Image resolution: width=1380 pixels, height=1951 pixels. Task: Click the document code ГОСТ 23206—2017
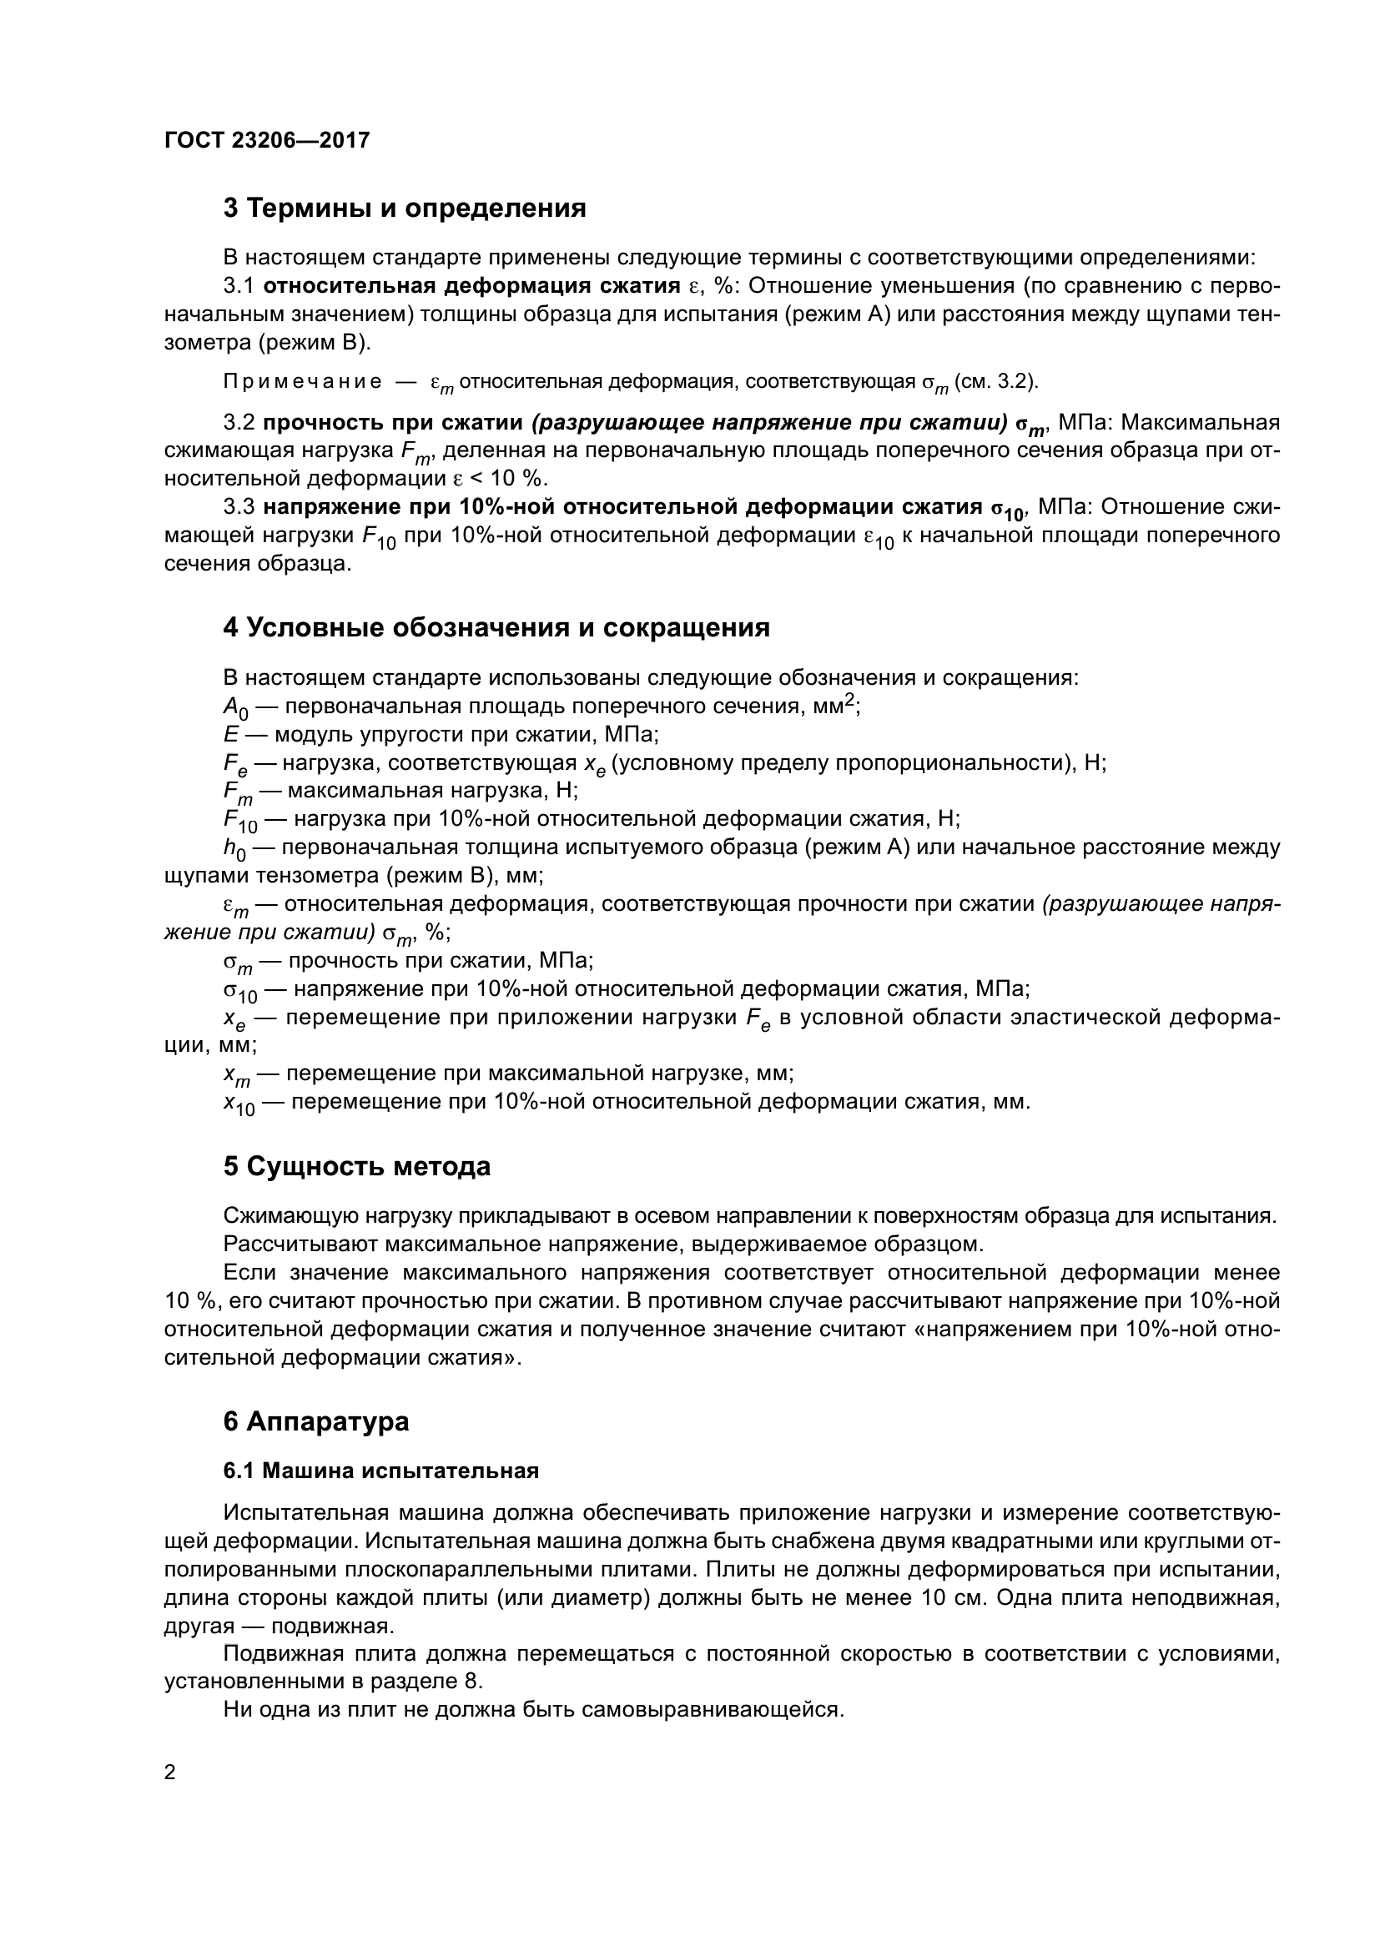[267, 140]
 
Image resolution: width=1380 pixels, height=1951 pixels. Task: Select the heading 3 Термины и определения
[405, 209]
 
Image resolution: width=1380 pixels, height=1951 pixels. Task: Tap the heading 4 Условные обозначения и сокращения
[496, 628]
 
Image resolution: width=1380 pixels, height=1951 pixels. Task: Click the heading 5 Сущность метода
[357, 1167]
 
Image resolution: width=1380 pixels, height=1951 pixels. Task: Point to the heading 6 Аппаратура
[316, 1421]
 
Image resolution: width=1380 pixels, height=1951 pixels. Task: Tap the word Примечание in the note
[302, 381]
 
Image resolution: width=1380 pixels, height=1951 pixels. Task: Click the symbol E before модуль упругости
[230, 734]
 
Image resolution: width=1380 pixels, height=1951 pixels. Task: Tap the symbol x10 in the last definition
[239, 1104]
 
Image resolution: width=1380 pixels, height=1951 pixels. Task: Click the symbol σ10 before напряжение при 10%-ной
[239, 991]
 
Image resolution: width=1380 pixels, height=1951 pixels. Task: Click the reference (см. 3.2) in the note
[996, 381]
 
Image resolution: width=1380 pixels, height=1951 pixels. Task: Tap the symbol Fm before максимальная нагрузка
[237, 792]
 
